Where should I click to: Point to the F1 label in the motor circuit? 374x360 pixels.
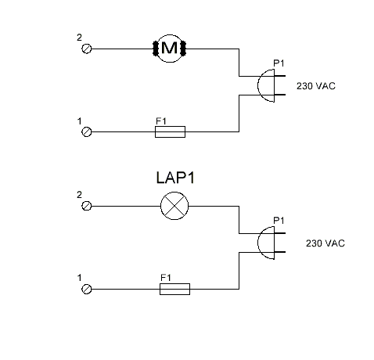pyautogui.click(x=161, y=121)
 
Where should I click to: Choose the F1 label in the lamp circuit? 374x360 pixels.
pyautogui.click(x=165, y=278)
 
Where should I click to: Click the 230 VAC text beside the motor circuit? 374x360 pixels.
pyautogui.click(x=315, y=86)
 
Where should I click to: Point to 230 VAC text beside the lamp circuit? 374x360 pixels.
pyautogui.click(x=325, y=243)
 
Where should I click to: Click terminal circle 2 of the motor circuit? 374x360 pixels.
pyautogui.click(x=87, y=49)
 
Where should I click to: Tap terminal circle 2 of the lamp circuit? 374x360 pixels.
pyautogui.click(x=87, y=206)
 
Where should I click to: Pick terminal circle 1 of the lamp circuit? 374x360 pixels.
pyautogui.click(x=87, y=289)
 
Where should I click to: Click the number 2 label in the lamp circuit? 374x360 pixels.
pyautogui.click(x=79, y=194)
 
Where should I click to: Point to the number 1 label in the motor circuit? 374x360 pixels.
pyautogui.click(x=79, y=121)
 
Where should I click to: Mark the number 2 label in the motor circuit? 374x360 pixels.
pyautogui.click(x=79, y=37)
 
